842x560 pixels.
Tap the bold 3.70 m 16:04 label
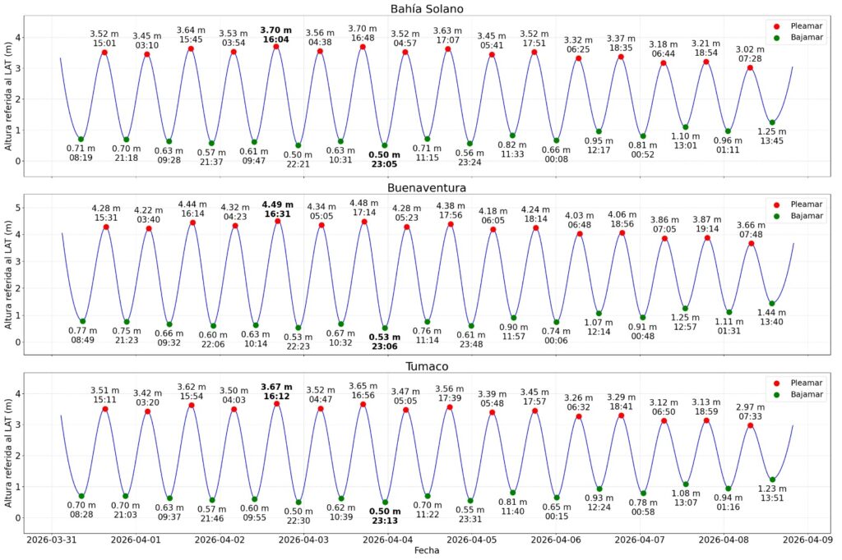[x=276, y=34]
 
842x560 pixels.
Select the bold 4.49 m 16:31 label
[x=278, y=209]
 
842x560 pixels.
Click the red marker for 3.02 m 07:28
[x=750, y=67]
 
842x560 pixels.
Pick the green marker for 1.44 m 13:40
[x=771, y=304]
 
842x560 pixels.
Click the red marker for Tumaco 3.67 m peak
[x=277, y=404]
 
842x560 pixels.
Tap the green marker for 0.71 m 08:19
[x=81, y=139]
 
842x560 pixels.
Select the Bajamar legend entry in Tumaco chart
[x=797, y=395]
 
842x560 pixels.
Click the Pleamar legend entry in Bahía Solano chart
[x=797, y=25]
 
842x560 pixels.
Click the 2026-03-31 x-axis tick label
[x=51, y=539]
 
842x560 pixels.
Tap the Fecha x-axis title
[x=426, y=552]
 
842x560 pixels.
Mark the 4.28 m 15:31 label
[x=106, y=210]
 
